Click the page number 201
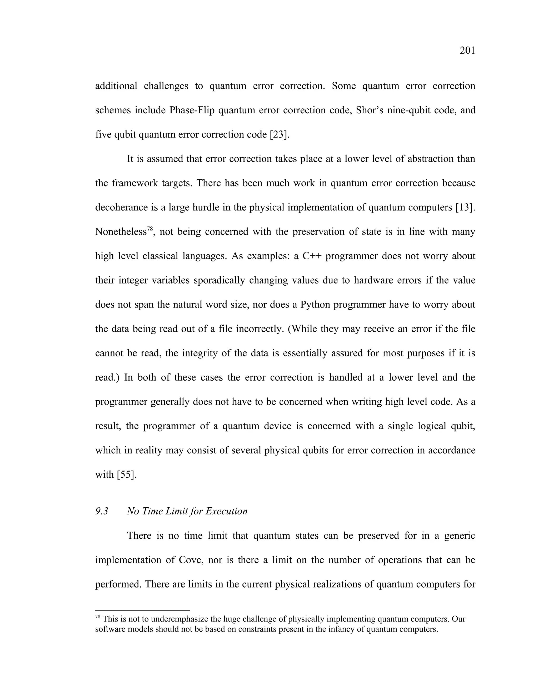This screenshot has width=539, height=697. point(467,50)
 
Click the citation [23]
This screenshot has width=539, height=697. point(280,134)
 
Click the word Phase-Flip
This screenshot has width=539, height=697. point(192,110)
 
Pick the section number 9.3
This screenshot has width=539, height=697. point(102,511)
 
